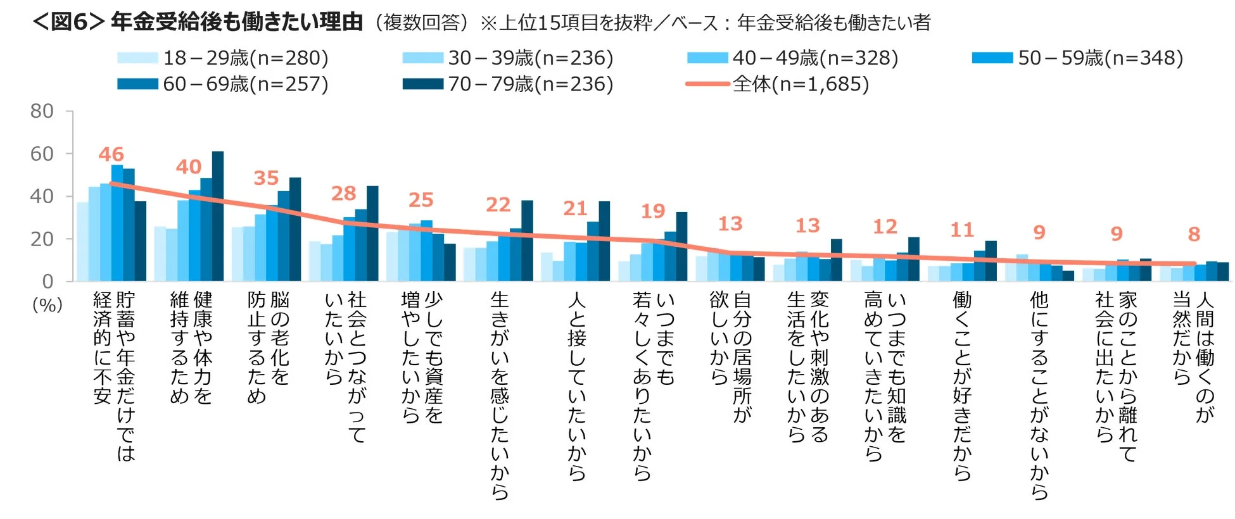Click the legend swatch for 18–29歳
137,58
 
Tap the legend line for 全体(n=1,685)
707,84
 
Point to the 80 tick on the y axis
42,111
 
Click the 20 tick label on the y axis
42,239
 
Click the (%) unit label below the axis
47,305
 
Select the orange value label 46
111,154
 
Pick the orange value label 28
343,193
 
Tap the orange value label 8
1194,234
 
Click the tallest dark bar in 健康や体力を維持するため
217,216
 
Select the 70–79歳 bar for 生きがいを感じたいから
527,241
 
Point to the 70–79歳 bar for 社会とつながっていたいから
372,234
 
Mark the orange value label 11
961,230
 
